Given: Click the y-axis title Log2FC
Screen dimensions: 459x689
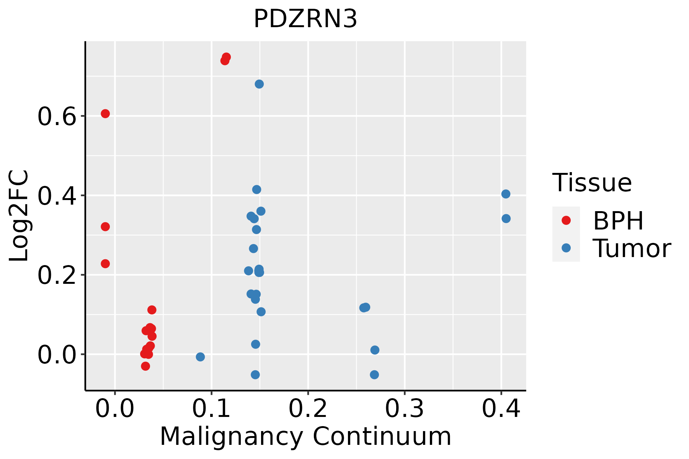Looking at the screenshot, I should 19,216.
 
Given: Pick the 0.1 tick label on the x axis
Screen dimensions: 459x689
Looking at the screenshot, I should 211,409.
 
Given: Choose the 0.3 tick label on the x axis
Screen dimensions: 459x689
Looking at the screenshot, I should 404,409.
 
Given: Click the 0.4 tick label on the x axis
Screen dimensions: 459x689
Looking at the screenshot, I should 501,409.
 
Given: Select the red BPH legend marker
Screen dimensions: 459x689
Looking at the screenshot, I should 566,220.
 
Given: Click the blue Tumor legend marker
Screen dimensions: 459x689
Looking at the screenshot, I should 566,248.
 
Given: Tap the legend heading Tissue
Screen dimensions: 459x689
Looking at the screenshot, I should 592,183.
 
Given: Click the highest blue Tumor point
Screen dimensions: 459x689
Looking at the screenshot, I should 259,84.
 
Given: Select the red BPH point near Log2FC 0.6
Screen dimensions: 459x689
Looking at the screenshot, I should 105,114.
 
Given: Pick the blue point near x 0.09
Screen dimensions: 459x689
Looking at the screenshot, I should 200,357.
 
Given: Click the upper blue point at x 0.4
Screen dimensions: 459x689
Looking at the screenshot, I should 506,194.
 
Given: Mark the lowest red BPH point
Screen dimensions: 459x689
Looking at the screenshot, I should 145,366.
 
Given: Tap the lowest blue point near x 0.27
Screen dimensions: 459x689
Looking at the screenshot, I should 374,374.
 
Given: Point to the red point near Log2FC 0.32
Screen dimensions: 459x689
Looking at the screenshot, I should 105,227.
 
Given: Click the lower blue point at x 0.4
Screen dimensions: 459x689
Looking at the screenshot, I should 506,218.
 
